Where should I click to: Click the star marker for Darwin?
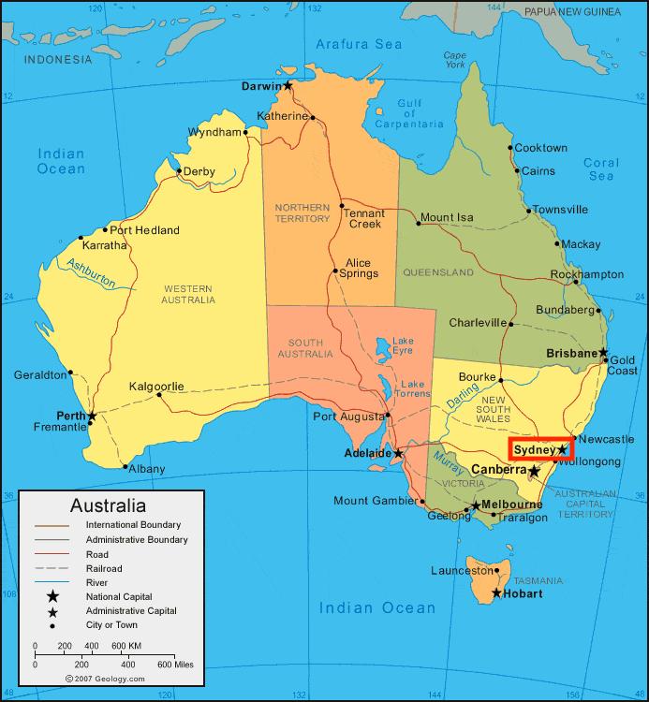[288, 86]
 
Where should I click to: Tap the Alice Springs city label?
[361, 269]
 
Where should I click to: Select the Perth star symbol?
[92, 416]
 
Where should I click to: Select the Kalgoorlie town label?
[156, 386]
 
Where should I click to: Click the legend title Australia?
[108, 505]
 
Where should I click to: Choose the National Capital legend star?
[52, 596]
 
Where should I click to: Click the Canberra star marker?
[534, 471]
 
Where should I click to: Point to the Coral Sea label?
[600, 168]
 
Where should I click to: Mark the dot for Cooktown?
[510, 148]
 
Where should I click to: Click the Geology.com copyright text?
[105, 679]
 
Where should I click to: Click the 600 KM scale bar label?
[126, 646]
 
